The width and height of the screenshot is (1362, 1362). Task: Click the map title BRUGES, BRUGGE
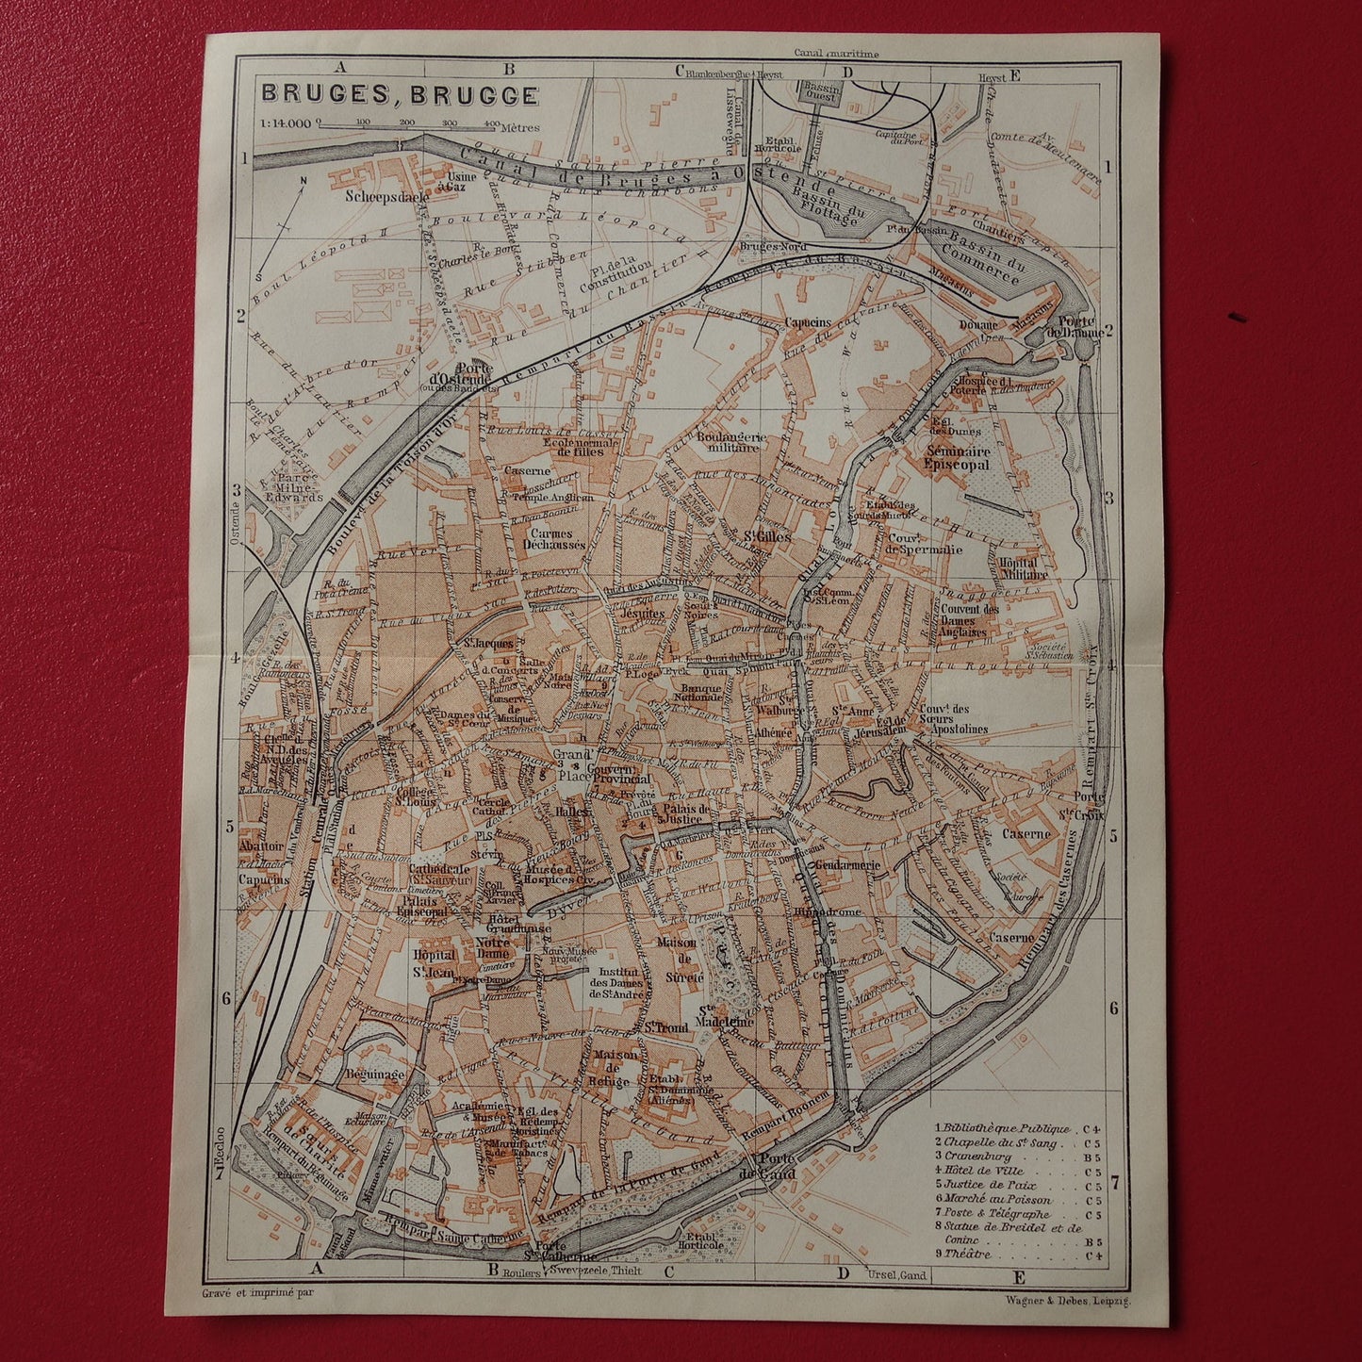coord(400,94)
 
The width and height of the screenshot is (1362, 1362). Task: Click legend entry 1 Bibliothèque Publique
coord(1002,1128)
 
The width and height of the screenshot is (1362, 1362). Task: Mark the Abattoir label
coord(256,846)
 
